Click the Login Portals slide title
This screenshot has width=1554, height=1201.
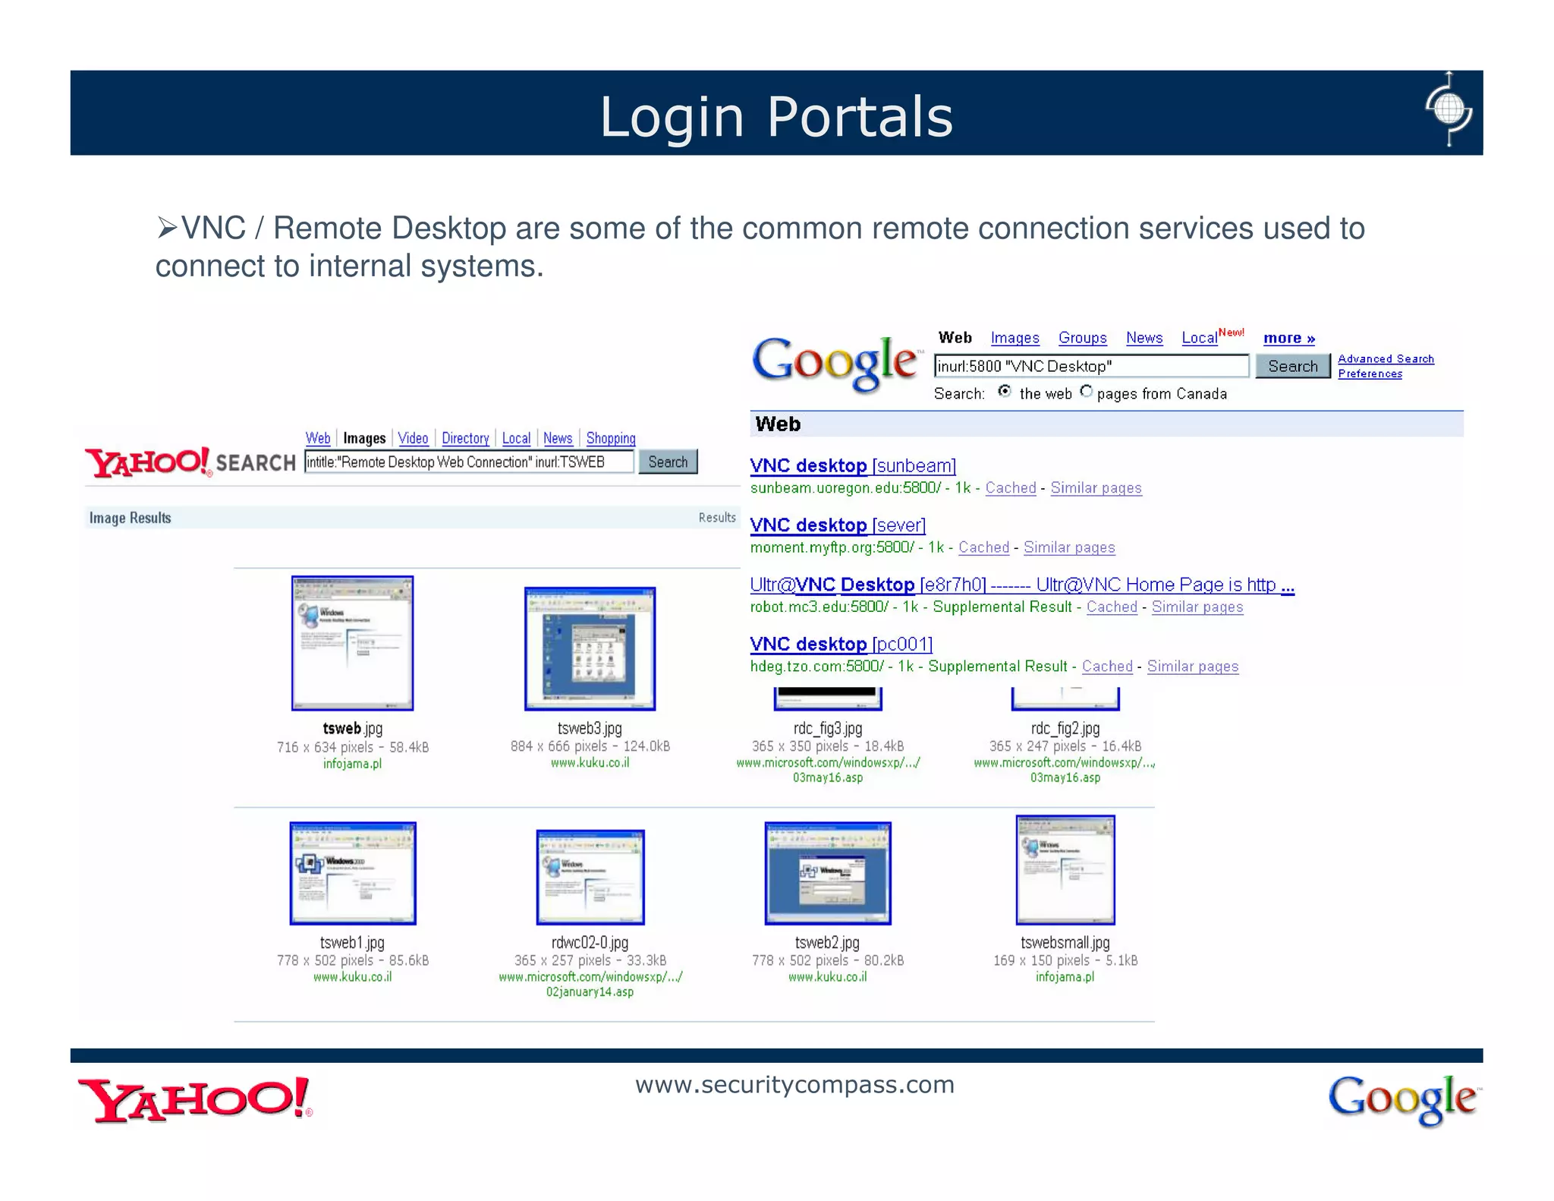(776, 117)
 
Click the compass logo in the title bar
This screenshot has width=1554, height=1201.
(1449, 110)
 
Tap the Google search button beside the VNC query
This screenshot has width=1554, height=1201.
(1292, 366)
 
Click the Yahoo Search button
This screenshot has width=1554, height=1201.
(668, 462)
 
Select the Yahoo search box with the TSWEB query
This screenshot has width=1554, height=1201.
(468, 462)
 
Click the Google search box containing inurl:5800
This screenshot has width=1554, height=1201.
(1090, 366)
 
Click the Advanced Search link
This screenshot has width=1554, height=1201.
(1386, 359)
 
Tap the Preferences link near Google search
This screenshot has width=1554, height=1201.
(1370, 374)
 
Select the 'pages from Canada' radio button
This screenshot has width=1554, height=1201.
(1087, 392)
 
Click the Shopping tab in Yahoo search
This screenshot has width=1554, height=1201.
(610, 438)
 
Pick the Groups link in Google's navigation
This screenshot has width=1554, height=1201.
(1082, 338)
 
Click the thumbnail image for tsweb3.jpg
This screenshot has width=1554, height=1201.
(590, 648)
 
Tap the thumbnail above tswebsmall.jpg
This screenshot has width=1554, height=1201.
(1065, 870)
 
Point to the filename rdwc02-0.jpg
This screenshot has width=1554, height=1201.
(590, 942)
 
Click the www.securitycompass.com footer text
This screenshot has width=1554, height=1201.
(794, 1084)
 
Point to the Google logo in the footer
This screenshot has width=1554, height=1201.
(1403, 1099)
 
